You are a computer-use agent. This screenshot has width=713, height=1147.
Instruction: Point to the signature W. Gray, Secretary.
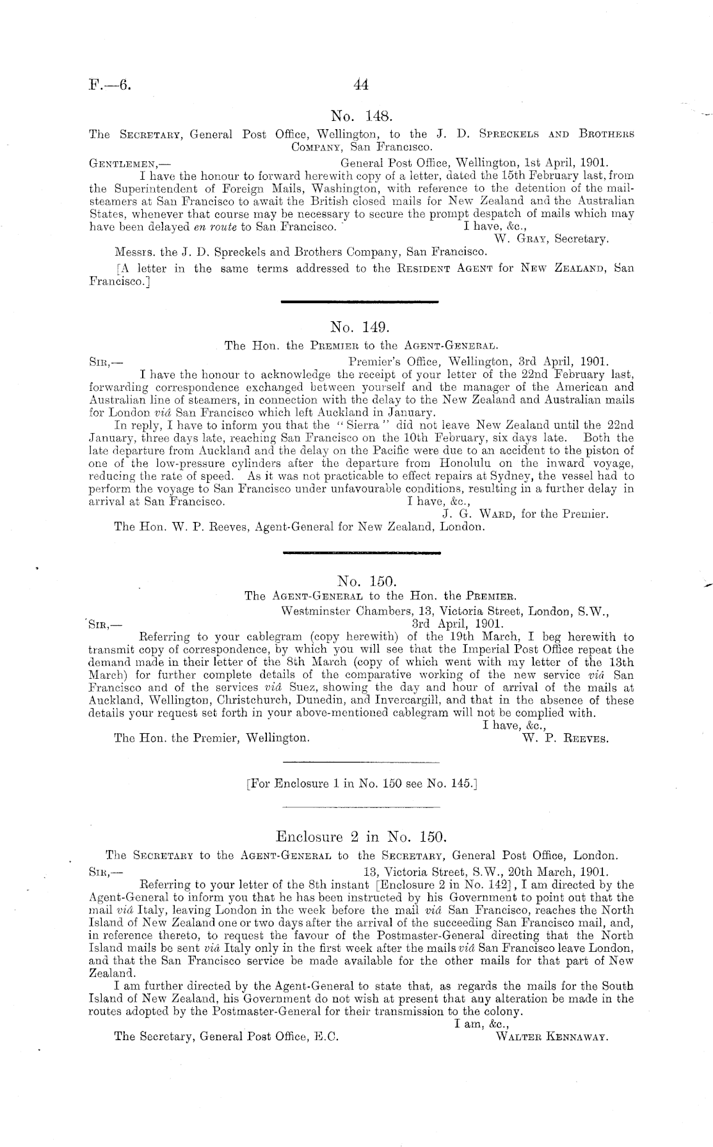point(551,239)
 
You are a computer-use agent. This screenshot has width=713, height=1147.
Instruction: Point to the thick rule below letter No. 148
point(360,301)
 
